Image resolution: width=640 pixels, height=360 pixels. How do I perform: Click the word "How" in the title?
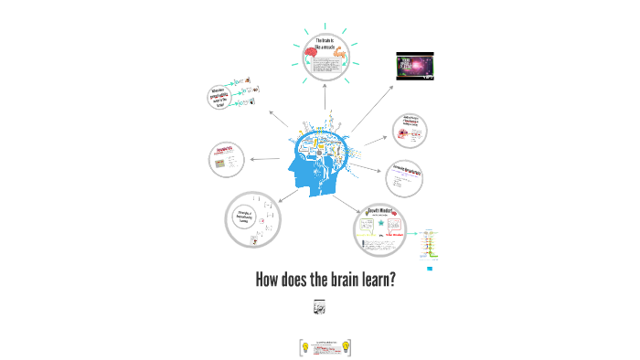(x=269, y=280)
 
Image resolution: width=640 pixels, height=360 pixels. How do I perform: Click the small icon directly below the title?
(x=319, y=308)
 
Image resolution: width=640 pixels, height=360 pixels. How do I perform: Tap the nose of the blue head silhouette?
(x=291, y=169)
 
